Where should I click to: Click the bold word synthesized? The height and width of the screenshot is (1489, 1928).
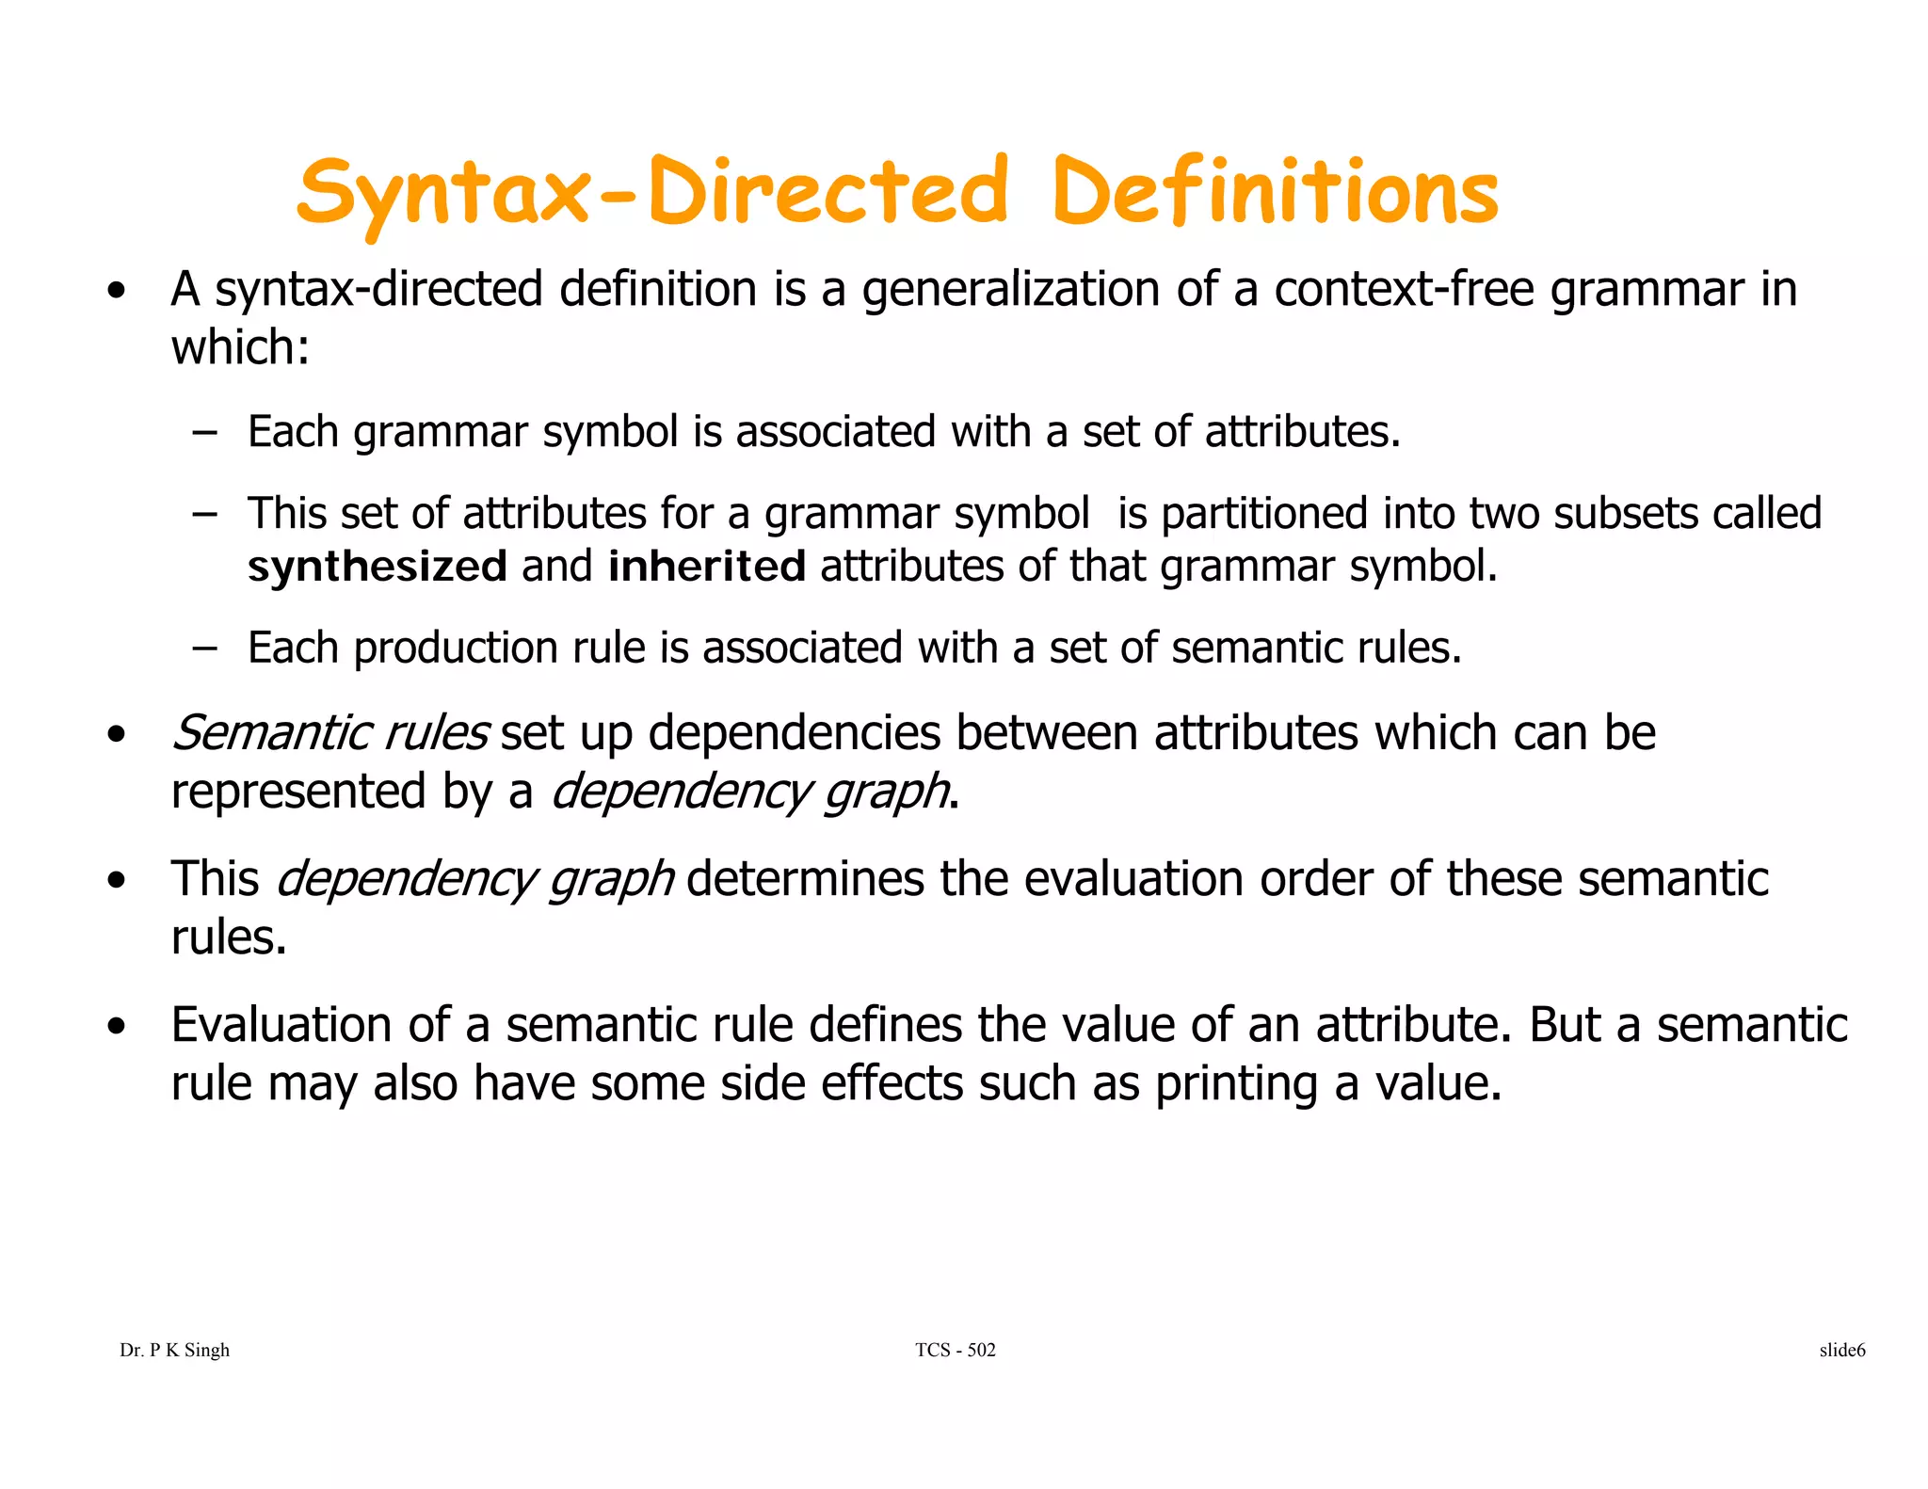377,567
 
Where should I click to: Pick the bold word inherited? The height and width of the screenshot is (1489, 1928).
706,567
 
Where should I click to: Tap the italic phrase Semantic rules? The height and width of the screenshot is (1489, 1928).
329,733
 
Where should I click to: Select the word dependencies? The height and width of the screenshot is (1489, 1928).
794,733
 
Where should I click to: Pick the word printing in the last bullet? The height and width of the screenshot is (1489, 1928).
1236,1084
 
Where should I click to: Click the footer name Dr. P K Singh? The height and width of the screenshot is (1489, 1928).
174,1351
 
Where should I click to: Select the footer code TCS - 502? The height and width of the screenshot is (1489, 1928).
955,1351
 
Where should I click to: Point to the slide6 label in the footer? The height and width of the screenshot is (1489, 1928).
1841,1351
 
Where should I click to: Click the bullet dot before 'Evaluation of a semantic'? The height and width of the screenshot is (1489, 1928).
116,1027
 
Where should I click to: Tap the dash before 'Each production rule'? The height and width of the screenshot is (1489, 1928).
203,648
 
